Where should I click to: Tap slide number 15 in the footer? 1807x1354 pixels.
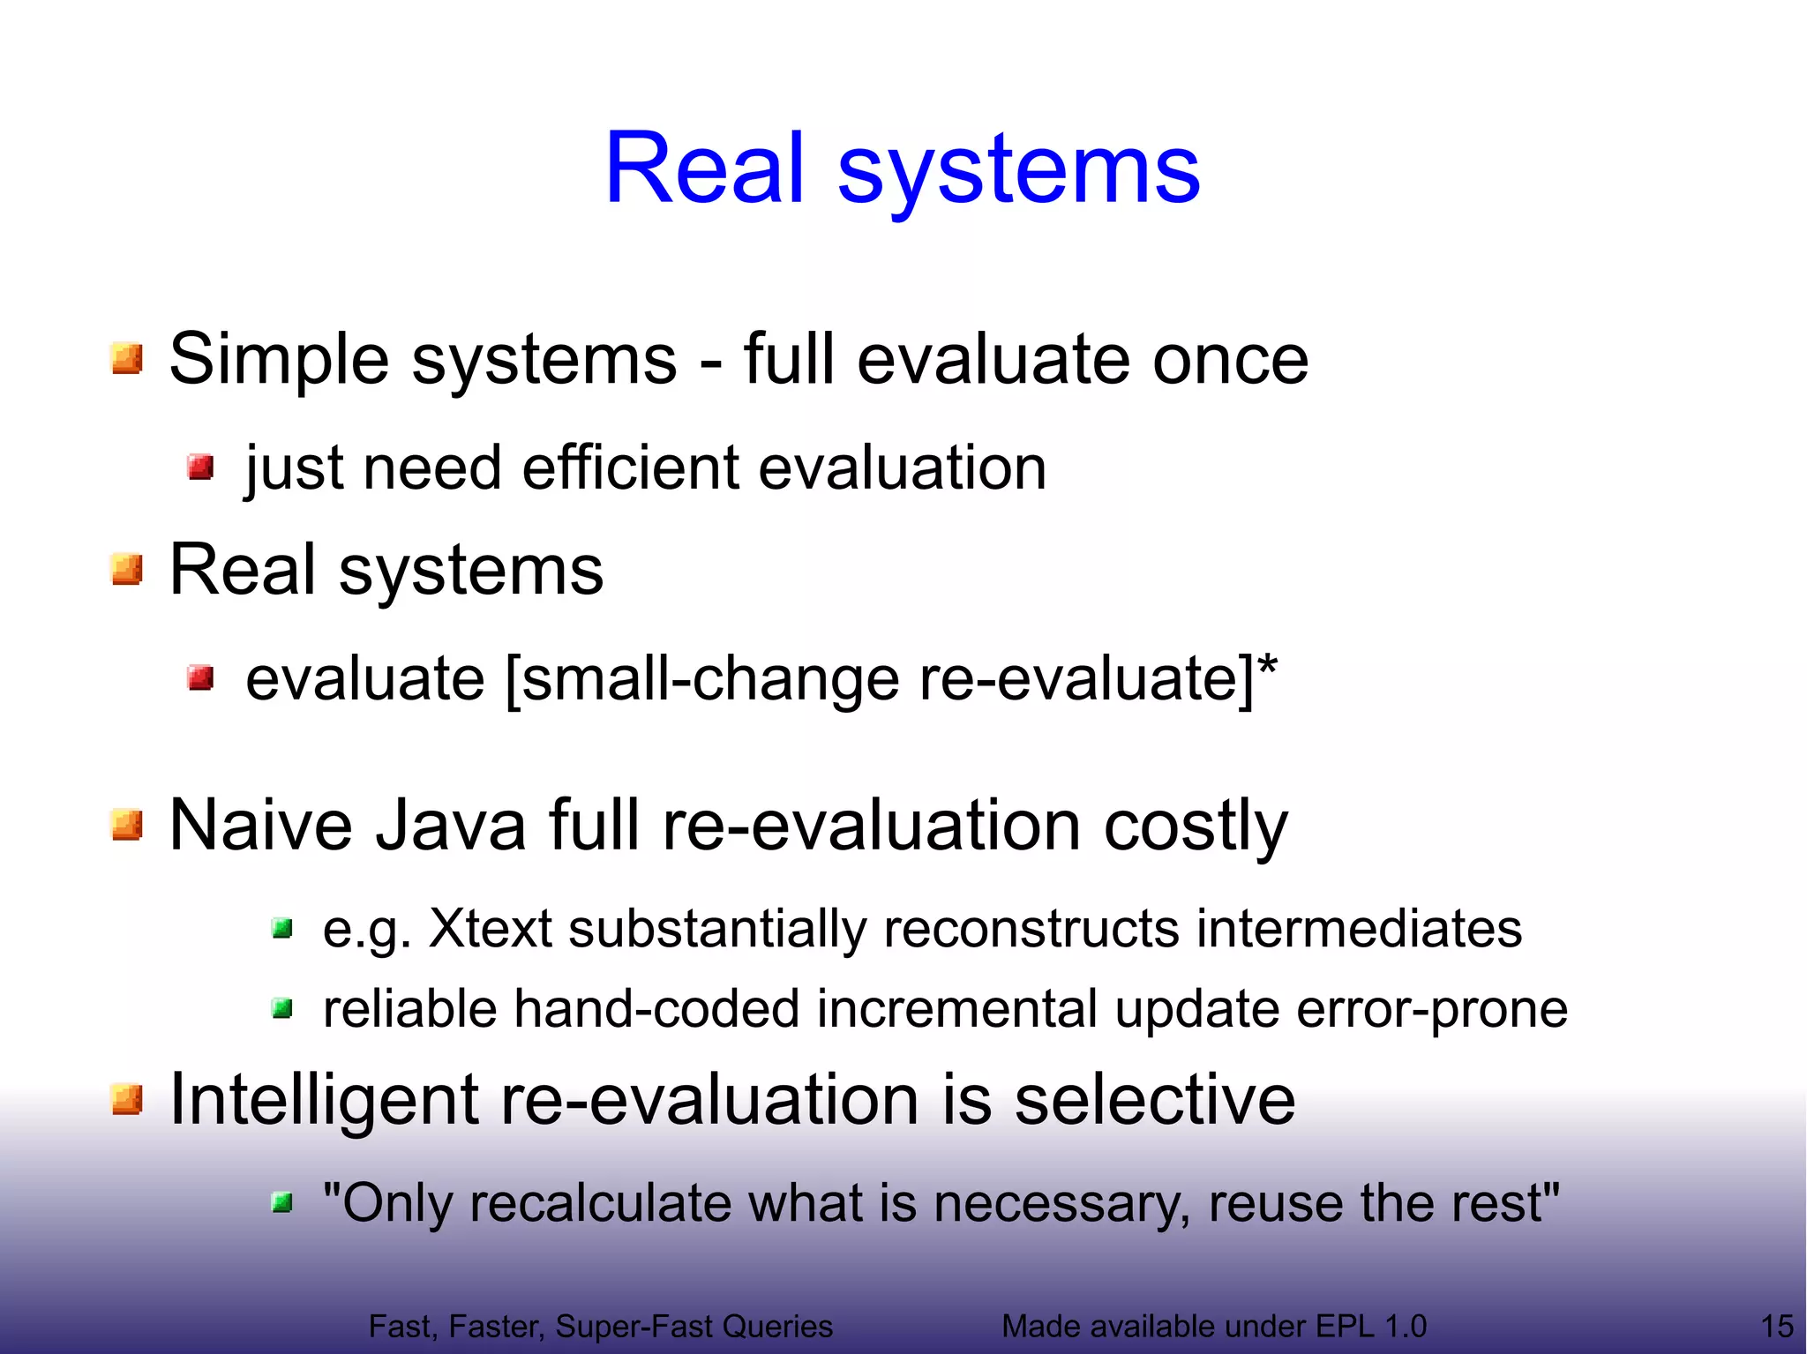pyautogui.click(x=1777, y=1327)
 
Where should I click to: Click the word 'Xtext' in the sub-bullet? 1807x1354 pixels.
pyautogui.click(x=490, y=929)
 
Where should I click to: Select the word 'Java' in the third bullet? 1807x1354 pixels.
pyautogui.click(x=451, y=826)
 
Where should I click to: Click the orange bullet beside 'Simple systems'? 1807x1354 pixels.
pyautogui.click(x=127, y=359)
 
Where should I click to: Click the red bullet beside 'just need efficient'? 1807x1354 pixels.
pyautogui.click(x=201, y=467)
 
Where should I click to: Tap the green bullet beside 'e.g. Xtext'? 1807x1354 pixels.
pyautogui.click(x=282, y=928)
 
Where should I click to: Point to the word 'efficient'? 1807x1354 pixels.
pyautogui.click(x=630, y=468)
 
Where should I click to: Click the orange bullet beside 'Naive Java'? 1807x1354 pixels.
pyautogui.click(x=127, y=826)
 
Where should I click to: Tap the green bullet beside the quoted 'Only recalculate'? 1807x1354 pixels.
pyautogui.click(x=282, y=1202)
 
